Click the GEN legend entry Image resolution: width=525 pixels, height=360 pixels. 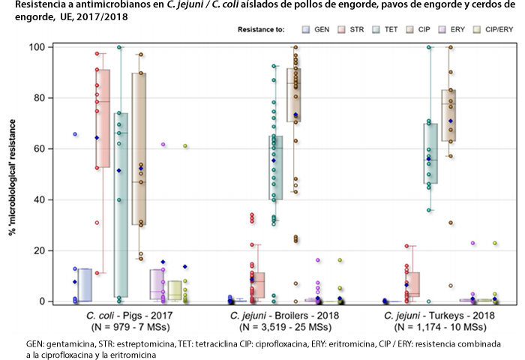(316, 30)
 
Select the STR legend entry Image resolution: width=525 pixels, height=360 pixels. (353, 30)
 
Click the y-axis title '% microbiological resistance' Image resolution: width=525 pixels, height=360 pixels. (13, 174)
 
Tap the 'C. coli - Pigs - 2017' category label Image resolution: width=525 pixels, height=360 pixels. (127, 316)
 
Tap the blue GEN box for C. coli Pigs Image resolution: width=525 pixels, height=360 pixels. (84, 284)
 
